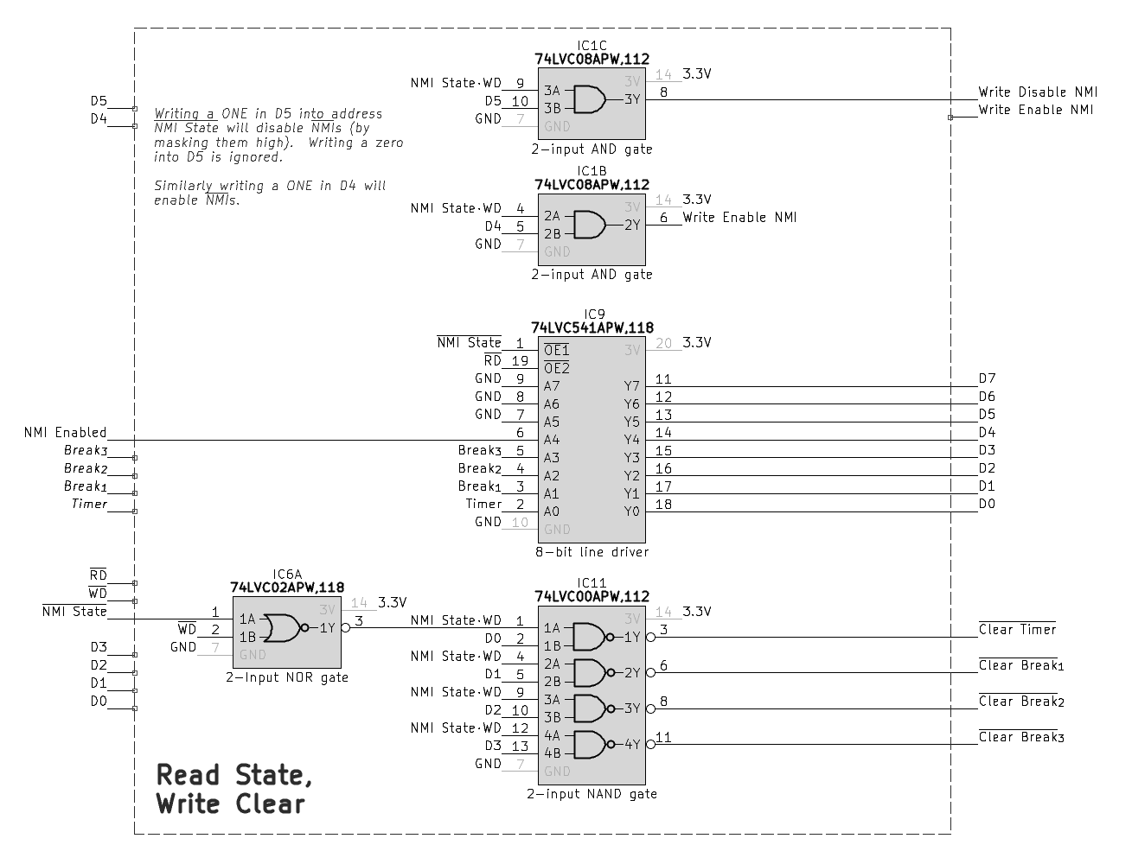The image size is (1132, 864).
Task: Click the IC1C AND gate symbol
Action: [x=589, y=99]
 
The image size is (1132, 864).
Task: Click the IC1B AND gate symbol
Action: [x=589, y=225]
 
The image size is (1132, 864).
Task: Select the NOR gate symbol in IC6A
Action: [x=282, y=628]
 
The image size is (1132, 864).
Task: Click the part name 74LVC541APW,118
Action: [x=592, y=327]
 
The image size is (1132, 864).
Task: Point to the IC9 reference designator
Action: [x=594, y=314]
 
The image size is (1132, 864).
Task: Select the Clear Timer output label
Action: [x=1017, y=630]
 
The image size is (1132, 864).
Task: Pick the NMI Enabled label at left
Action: [x=65, y=432]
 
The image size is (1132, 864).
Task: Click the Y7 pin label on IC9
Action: [x=632, y=386]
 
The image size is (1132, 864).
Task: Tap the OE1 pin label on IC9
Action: [x=556, y=350]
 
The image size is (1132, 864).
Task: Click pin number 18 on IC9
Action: [x=663, y=504]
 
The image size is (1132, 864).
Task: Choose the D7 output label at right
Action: [x=987, y=378]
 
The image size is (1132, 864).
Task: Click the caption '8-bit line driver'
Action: [x=592, y=551]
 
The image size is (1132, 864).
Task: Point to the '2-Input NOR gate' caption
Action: [x=287, y=677]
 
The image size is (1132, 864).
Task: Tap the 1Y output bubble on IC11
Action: [x=650, y=638]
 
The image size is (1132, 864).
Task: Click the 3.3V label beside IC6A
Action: [x=393, y=602]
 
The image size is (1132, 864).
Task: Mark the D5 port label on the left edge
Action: [x=99, y=101]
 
